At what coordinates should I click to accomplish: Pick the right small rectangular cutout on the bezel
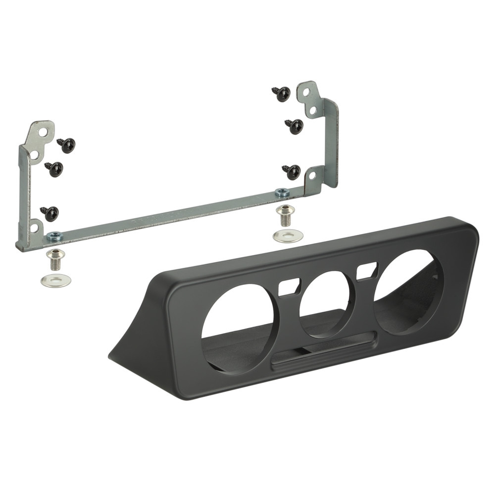(x=365, y=270)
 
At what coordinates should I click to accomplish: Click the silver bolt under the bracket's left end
(x=55, y=257)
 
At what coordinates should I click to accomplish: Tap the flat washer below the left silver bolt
(x=55, y=280)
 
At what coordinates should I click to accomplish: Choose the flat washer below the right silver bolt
(x=288, y=235)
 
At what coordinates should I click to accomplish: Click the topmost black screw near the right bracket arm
(x=282, y=94)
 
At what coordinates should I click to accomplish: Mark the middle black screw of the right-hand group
(x=295, y=126)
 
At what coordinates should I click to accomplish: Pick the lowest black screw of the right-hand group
(x=293, y=172)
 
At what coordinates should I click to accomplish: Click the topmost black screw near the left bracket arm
(x=67, y=145)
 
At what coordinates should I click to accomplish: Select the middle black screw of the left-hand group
(x=54, y=169)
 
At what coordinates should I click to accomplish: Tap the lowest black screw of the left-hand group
(x=50, y=213)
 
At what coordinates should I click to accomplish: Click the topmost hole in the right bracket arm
(x=307, y=92)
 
